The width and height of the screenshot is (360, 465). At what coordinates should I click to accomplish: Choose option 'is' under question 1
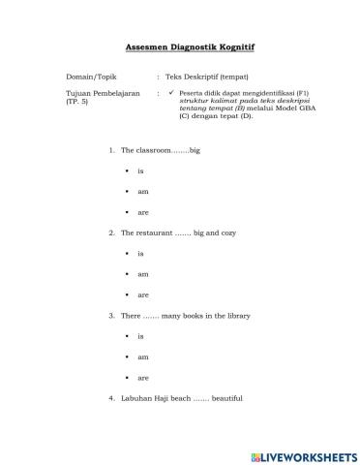140,170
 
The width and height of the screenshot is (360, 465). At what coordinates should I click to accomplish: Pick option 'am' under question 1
143,191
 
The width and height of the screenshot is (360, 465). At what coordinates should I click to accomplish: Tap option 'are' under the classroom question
143,211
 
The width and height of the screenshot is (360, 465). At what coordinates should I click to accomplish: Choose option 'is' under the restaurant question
140,253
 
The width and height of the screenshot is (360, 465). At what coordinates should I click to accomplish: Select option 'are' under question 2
143,294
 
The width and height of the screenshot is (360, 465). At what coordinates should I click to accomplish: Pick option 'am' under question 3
143,356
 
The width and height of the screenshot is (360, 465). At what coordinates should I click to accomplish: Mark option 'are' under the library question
143,377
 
